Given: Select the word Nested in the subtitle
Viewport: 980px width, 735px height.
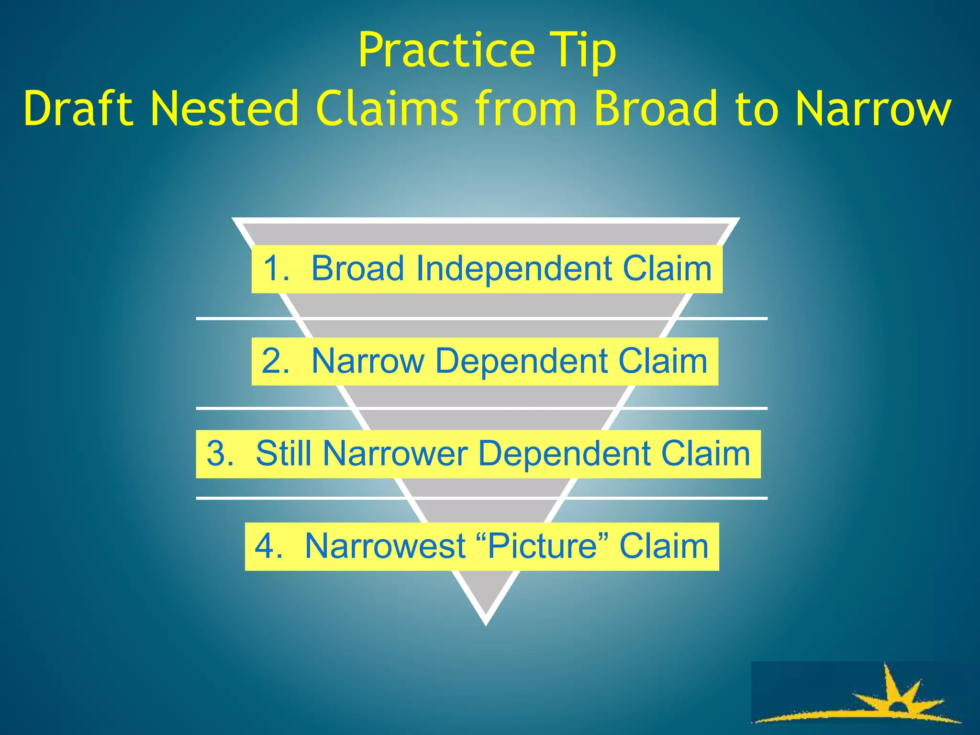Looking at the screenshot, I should [224, 109].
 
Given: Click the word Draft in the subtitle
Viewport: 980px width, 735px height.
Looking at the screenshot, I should [78, 109].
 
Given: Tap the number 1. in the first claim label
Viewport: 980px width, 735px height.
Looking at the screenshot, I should [276, 268].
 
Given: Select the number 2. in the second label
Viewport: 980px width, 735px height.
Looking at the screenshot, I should [276, 361].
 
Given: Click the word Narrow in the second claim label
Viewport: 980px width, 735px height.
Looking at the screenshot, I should [367, 361].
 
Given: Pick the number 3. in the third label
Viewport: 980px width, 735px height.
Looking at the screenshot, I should [220, 454].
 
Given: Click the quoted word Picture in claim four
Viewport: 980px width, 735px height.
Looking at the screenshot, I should [543, 546].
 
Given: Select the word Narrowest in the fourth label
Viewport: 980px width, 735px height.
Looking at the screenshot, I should [385, 546].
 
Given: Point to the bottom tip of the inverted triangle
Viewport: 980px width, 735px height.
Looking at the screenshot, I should [486, 622].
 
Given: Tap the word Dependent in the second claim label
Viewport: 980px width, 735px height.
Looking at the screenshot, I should [521, 361].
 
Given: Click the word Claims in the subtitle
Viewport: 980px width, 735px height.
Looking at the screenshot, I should [386, 109].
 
